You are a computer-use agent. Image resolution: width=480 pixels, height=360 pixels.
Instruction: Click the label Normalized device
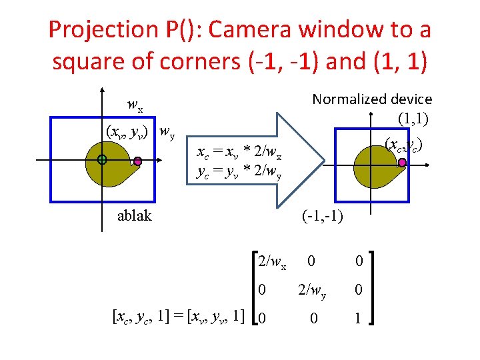point(372,99)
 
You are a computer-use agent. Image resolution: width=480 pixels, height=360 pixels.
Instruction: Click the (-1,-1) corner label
point(322,215)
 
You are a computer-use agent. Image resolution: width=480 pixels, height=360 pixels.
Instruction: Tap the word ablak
point(134,215)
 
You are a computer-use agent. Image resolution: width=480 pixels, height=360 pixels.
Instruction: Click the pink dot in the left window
point(138,161)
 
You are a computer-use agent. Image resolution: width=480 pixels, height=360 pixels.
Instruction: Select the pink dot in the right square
point(402,162)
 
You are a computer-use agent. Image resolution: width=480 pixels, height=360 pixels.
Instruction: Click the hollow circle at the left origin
point(101,160)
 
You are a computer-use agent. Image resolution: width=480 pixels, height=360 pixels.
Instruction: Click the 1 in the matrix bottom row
point(358,319)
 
